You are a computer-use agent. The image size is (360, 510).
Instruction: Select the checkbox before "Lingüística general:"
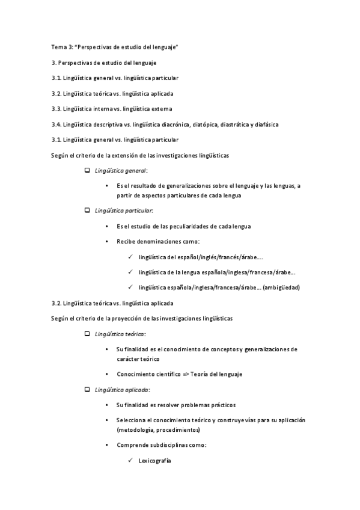click(88, 171)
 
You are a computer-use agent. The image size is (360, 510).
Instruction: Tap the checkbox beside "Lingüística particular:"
click(88, 210)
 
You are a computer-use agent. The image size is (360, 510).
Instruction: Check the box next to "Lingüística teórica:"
click(88, 334)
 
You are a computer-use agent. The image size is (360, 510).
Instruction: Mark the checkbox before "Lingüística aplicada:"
click(88, 390)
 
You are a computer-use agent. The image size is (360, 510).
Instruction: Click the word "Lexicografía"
click(154, 461)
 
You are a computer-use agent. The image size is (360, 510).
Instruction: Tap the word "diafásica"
click(265, 124)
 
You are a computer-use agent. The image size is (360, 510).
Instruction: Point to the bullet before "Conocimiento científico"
click(106, 374)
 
